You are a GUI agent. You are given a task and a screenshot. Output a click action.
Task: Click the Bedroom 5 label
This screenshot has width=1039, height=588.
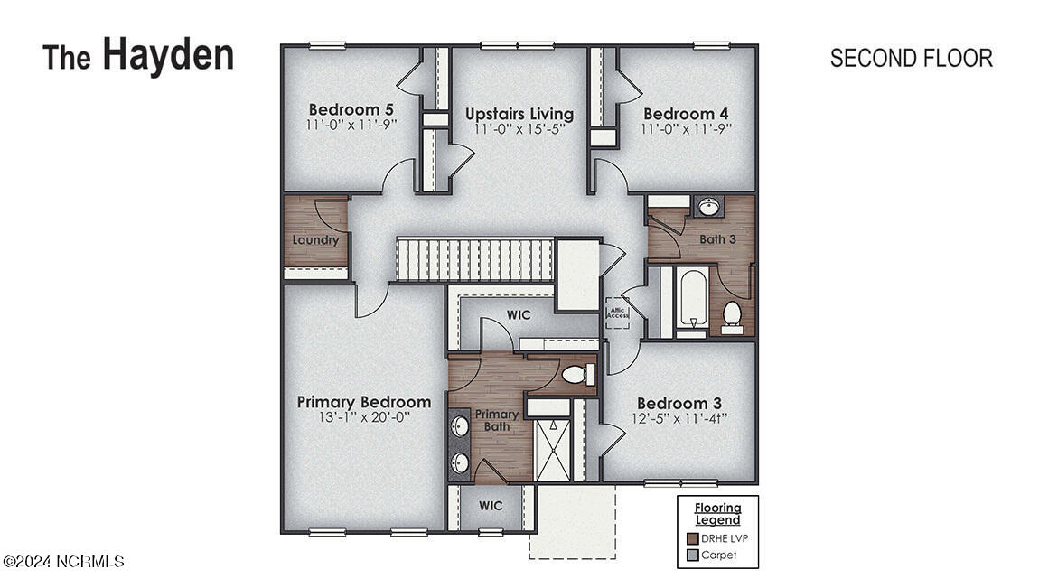(351, 111)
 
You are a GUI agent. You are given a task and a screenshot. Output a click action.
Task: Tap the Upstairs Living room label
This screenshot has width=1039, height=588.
(519, 114)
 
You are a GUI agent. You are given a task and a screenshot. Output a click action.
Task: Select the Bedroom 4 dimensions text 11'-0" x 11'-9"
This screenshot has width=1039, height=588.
(686, 129)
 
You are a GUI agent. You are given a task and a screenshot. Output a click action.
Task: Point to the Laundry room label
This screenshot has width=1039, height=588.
(315, 240)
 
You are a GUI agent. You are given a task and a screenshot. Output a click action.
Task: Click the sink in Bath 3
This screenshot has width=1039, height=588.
(709, 208)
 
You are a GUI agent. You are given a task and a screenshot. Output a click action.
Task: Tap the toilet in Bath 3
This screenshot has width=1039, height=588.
(732, 316)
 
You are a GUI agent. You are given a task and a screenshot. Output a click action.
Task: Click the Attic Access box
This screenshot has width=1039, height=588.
(618, 313)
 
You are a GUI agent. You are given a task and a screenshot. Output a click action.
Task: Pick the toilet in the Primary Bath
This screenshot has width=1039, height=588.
(576, 374)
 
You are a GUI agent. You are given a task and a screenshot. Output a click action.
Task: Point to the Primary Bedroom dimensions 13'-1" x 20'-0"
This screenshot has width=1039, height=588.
(364, 417)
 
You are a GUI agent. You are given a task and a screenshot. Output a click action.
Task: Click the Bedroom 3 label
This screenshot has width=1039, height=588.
(679, 403)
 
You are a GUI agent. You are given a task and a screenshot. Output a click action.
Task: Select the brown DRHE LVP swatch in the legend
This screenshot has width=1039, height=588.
(693, 538)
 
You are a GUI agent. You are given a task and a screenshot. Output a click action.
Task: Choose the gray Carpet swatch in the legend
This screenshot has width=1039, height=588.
(693, 555)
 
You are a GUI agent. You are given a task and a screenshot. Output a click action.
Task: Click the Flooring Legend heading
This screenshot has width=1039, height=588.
(717, 514)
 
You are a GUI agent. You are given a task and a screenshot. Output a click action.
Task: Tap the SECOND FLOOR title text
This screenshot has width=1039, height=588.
(911, 58)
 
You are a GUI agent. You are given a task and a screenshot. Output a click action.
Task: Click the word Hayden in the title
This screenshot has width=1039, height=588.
(168, 54)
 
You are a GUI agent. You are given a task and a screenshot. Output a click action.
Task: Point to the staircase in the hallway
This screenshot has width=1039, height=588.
(474, 259)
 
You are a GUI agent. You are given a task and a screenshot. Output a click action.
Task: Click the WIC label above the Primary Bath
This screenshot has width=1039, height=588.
(519, 314)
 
